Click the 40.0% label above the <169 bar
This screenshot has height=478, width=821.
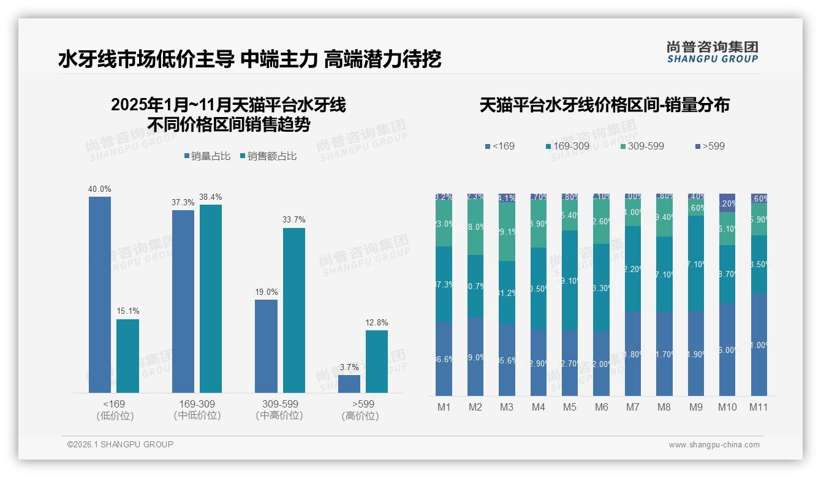[x=100, y=189]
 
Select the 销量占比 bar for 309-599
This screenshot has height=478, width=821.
[x=266, y=346]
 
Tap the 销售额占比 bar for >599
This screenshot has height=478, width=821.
[x=377, y=362]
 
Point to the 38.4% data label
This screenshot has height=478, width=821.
[x=210, y=197]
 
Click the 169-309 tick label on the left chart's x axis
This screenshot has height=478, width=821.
[x=197, y=404]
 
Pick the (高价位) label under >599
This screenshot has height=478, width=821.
[x=360, y=416]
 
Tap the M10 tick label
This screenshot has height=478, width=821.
[x=727, y=407]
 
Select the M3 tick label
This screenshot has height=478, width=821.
[x=506, y=407]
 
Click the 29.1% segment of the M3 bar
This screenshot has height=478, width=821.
[x=506, y=232]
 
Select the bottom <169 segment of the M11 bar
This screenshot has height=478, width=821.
[x=759, y=344]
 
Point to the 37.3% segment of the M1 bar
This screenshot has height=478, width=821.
[x=444, y=284]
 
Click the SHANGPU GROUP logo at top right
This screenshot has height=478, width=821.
[x=712, y=52]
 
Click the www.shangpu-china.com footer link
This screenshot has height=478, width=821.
[x=714, y=445]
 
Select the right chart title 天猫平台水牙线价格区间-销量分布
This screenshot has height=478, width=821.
[x=604, y=105]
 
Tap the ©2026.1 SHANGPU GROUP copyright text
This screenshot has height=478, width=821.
[x=120, y=444]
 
